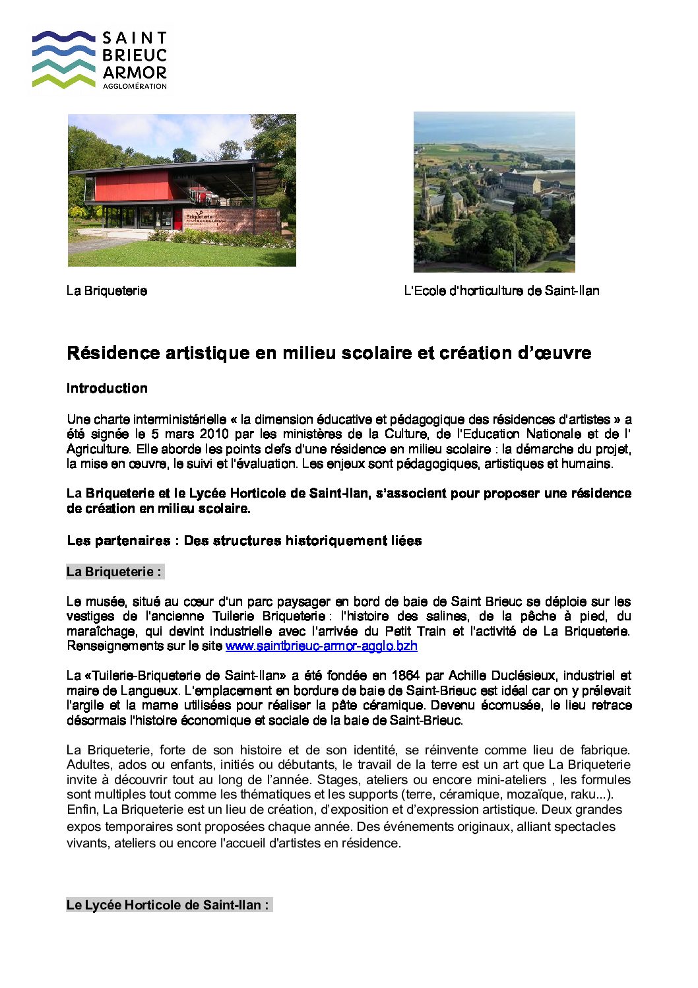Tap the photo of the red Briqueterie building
click(x=181, y=190)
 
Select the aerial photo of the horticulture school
click(x=494, y=191)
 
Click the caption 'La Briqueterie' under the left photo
click(x=107, y=291)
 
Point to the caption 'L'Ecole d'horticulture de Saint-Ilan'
click(x=501, y=291)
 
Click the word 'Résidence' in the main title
click(x=113, y=353)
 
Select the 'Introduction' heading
click(x=107, y=388)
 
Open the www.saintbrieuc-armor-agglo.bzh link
click(x=321, y=646)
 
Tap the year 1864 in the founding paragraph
click(x=406, y=676)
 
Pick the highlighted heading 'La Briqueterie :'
click(x=114, y=572)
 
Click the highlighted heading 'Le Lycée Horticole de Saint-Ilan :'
click(x=168, y=905)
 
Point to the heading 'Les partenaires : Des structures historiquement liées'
click(x=244, y=541)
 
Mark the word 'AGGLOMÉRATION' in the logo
click(x=135, y=86)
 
